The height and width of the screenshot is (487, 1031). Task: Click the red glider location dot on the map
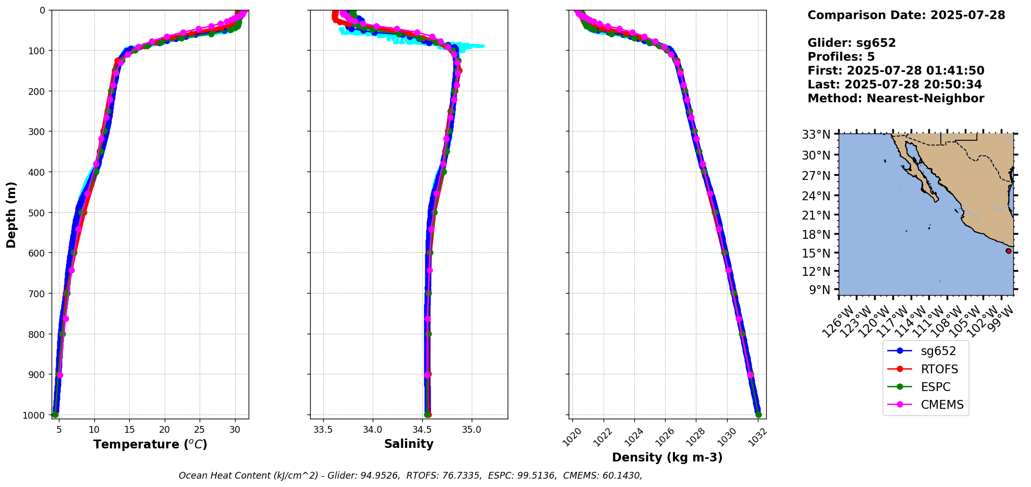tap(1009, 251)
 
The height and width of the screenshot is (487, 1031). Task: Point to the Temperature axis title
tap(150, 444)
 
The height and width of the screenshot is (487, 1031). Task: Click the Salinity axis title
tap(409, 444)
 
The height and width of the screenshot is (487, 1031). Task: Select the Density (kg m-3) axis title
tap(667, 457)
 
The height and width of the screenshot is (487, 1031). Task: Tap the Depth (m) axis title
tap(11, 214)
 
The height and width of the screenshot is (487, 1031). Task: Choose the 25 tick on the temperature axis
tap(200, 430)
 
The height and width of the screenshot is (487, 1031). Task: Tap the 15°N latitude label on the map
tap(816, 253)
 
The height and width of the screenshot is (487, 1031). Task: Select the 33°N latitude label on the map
tap(816, 135)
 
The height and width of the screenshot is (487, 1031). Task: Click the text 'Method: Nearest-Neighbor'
tap(895, 99)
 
